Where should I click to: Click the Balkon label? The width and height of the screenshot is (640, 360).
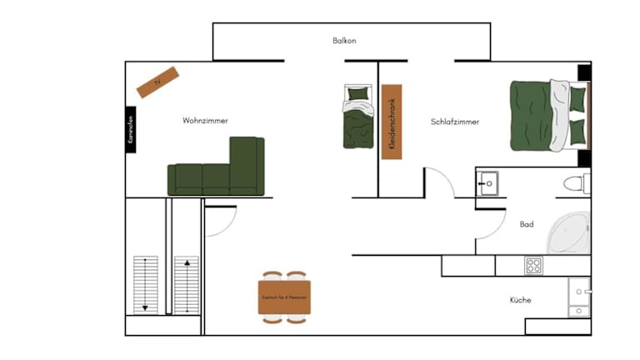[x=344, y=41]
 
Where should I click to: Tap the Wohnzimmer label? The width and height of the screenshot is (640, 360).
[x=205, y=121]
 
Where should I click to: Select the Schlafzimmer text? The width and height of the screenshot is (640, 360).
[x=455, y=122]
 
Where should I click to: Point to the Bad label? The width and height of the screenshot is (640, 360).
[x=527, y=224]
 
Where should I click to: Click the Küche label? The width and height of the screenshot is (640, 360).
[x=521, y=300]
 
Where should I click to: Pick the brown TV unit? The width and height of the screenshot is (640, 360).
[x=158, y=82]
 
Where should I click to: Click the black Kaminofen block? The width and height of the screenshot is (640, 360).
[x=131, y=130]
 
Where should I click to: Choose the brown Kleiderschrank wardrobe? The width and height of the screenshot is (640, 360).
[x=392, y=122]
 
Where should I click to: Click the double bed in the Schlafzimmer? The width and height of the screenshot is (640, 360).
[x=546, y=117]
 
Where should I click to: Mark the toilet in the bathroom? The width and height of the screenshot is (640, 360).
[x=576, y=183]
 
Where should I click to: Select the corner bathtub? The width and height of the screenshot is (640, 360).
[x=570, y=232]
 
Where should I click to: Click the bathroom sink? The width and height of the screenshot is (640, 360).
[x=487, y=182]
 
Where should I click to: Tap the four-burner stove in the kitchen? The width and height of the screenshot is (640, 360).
[x=534, y=266]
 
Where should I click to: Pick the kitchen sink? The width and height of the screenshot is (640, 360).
[x=578, y=297]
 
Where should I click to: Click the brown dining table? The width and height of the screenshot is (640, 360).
[x=284, y=297]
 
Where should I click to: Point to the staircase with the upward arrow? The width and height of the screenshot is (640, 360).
[x=187, y=284]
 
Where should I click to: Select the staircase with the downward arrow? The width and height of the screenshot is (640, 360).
[x=146, y=284]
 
